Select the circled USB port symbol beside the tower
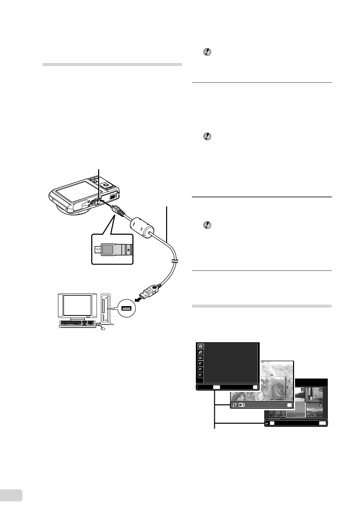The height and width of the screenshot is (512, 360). [x=126, y=310]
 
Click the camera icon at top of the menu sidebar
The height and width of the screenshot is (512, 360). [x=200, y=347]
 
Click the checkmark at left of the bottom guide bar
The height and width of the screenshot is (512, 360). [x=267, y=423]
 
